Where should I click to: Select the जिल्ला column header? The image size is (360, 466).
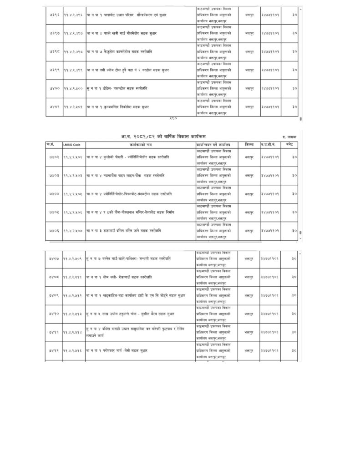click(249, 144)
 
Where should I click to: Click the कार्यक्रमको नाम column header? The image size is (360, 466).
click(140, 145)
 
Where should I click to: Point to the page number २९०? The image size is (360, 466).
click(172, 119)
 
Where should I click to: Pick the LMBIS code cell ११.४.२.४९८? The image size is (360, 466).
click(73, 52)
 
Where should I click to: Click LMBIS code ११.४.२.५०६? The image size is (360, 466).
click(73, 212)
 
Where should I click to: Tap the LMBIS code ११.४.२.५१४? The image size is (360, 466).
click(73, 332)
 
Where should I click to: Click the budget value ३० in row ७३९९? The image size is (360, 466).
click(294, 70)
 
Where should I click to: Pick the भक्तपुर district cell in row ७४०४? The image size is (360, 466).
click(249, 193)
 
